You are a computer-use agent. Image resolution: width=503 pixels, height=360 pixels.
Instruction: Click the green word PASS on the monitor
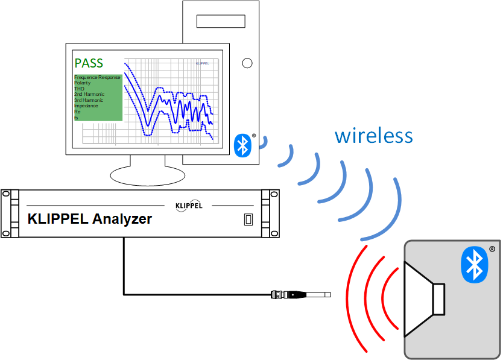click(x=89, y=63)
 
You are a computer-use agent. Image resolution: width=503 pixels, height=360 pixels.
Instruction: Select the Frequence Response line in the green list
click(x=97, y=78)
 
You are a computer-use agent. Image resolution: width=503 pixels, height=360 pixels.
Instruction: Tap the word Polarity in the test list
click(x=82, y=83)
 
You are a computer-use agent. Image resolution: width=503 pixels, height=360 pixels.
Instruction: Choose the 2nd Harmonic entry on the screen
click(x=89, y=95)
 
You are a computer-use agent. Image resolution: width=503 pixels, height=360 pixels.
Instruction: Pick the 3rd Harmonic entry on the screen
click(x=89, y=100)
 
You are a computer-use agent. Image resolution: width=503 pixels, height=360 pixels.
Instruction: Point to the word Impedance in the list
click(x=86, y=106)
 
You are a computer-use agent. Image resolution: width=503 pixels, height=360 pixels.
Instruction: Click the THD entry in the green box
click(x=79, y=89)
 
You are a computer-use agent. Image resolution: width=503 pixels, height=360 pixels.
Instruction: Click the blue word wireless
click(x=374, y=136)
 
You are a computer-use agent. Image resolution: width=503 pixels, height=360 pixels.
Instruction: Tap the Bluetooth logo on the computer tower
click(x=242, y=145)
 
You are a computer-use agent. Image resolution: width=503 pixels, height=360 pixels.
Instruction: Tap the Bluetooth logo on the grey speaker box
click(x=474, y=265)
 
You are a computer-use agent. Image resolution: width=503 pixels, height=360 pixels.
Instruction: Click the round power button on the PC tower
click(x=247, y=63)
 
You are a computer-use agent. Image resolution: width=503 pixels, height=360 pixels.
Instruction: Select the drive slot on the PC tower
click(x=221, y=21)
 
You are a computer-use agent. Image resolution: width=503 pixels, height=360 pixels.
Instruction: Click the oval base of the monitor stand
click(x=148, y=175)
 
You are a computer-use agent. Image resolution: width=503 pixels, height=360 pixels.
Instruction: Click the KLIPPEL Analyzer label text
click(x=90, y=219)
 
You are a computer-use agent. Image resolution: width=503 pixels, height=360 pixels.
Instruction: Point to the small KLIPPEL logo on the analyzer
click(x=189, y=206)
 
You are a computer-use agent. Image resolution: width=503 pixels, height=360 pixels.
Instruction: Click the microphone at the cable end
click(x=302, y=295)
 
